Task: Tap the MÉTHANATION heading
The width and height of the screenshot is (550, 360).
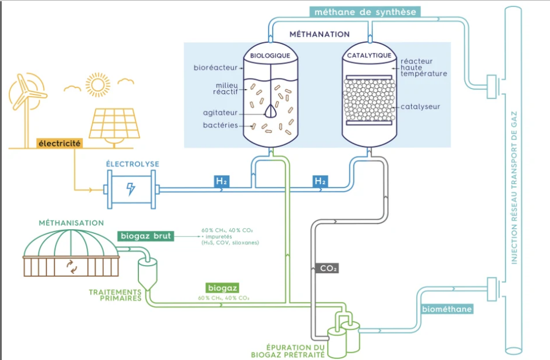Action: (x=320, y=35)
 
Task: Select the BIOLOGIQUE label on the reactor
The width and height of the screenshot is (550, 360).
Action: (x=270, y=56)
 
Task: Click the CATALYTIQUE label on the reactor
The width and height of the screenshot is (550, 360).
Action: (x=369, y=56)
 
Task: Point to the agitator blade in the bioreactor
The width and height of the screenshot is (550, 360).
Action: (x=271, y=110)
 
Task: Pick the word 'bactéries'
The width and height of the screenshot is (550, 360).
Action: (x=220, y=125)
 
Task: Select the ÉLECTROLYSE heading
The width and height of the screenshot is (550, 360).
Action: (x=133, y=164)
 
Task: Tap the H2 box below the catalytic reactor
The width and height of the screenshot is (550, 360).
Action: (x=320, y=182)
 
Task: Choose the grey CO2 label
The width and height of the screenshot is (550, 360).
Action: (x=328, y=269)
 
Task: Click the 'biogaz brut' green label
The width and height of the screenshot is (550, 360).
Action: (x=145, y=236)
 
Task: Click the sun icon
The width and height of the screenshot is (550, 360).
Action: (x=97, y=84)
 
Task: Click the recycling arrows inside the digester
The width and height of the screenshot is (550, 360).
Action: (x=72, y=266)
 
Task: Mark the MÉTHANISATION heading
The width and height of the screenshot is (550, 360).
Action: (x=71, y=223)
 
